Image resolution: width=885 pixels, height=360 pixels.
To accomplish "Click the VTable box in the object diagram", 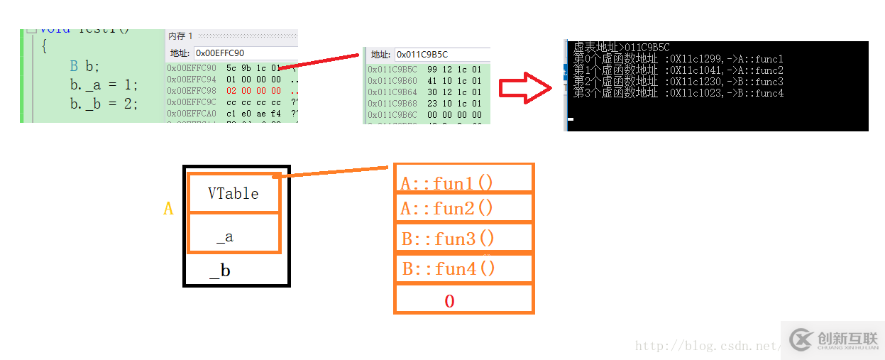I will coord(233,193).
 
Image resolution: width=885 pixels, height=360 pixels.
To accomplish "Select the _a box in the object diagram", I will coord(233,233).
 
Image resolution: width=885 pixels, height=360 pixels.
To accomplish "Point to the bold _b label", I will coord(220,271).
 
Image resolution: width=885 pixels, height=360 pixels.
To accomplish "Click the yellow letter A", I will coord(168,209).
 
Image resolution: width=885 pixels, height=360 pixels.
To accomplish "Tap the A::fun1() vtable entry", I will coord(447,183).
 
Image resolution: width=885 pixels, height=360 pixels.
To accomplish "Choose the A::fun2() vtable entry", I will coord(447,208).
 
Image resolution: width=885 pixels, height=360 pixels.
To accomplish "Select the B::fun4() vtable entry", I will coord(449,268).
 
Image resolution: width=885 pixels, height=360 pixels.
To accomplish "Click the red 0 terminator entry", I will coord(449,301).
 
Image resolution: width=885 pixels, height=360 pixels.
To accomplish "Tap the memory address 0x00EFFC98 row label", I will coord(192,91).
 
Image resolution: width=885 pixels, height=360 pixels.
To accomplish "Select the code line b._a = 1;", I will coord(104,85).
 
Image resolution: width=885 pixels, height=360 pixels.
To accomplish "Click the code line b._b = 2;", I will coord(104,104).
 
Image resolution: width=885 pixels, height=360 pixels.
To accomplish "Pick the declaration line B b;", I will coord(84,67).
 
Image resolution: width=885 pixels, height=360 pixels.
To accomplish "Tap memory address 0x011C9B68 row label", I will coord(392,103).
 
